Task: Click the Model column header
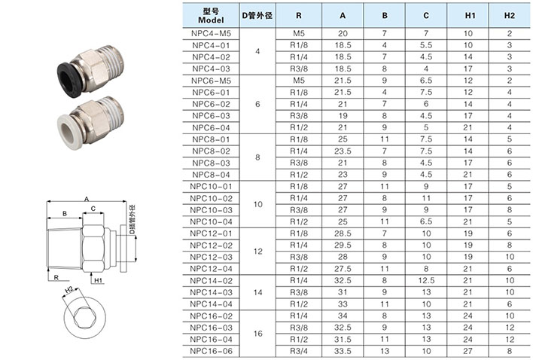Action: [x=211, y=16]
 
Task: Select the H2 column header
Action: [x=509, y=16]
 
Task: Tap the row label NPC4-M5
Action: [x=211, y=33]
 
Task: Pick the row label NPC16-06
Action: [x=211, y=351]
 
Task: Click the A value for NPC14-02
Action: [x=343, y=280]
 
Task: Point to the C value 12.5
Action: [x=426, y=280]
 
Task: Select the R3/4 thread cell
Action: [x=299, y=351]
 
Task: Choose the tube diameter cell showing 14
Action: [x=257, y=292]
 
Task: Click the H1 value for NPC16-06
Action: [x=468, y=351]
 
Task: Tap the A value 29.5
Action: [x=343, y=245]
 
